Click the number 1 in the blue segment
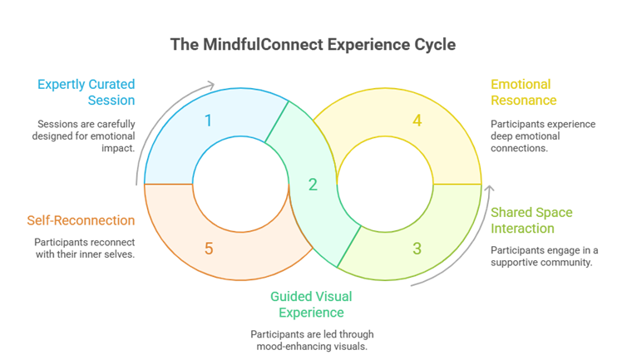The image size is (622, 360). click(208, 121)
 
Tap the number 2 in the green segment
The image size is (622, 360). click(313, 185)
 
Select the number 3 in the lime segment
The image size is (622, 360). click(417, 248)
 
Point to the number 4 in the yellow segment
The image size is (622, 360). click(417, 121)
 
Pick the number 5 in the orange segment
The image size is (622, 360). click(208, 248)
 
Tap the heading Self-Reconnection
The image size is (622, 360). click(80, 221)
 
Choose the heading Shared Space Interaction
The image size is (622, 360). click(531, 220)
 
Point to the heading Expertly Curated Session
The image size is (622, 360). click(85, 92)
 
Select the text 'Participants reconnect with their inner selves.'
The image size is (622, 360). click(85, 248)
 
